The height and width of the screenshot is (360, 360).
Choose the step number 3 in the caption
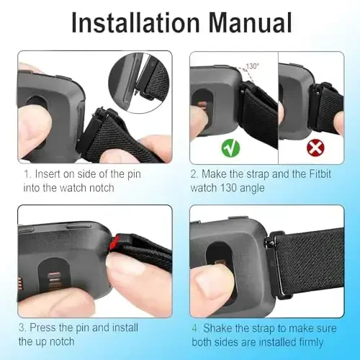pyautogui.click(x=23, y=328)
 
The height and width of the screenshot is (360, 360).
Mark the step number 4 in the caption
pyautogui.click(x=194, y=328)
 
